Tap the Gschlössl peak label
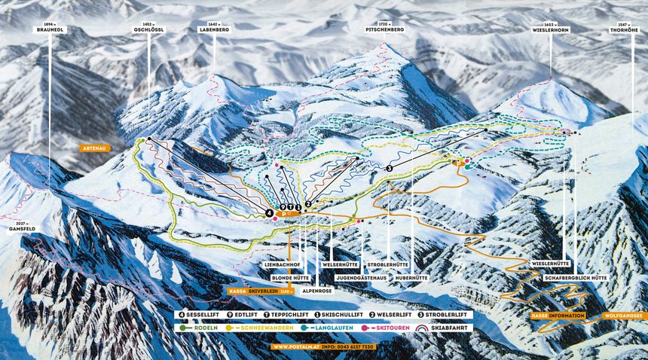148,29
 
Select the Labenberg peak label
213,29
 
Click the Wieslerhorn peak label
550,29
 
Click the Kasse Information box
558,316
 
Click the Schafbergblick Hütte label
576,278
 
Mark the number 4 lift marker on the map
268,214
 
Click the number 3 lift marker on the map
390,168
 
